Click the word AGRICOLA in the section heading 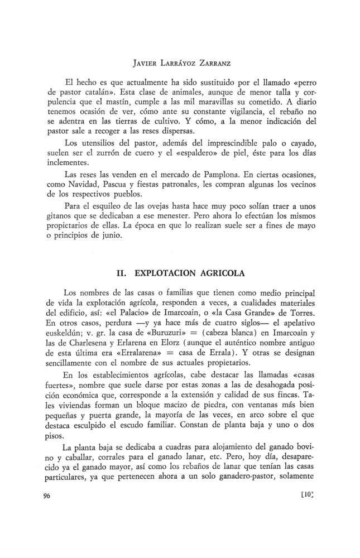coord(217,274)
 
